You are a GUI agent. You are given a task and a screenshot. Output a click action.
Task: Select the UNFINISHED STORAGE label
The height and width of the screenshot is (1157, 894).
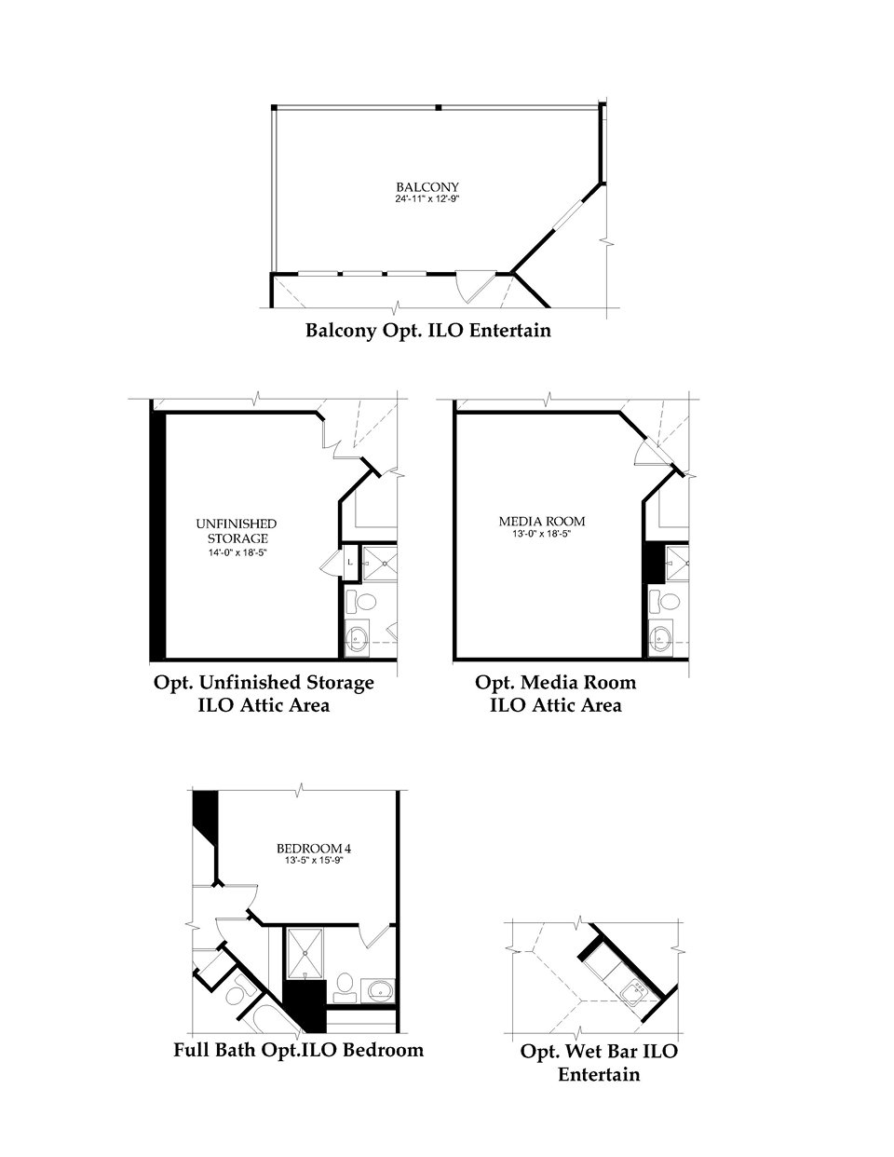(237, 531)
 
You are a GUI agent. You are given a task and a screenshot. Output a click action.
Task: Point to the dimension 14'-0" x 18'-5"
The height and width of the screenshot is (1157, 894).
(237, 552)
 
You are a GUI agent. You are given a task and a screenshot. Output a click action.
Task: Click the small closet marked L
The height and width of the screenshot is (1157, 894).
(349, 563)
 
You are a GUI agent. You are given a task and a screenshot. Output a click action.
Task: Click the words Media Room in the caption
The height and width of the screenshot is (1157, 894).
(579, 682)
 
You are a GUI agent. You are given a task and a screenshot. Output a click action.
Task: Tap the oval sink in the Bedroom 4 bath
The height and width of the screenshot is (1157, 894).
(380, 987)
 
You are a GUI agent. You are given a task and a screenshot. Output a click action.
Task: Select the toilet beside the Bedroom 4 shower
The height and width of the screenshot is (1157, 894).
(344, 984)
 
